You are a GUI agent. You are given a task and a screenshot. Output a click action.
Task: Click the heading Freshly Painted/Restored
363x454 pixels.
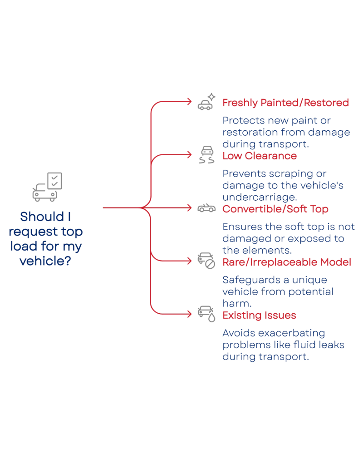point(286,103)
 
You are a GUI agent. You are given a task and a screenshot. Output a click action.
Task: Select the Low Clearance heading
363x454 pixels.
point(260,156)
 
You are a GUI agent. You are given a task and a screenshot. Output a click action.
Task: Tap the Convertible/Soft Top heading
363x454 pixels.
point(275,209)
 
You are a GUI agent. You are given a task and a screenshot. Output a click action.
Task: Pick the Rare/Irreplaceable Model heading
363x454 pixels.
point(287,262)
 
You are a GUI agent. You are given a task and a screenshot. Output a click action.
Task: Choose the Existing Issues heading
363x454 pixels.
point(260,316)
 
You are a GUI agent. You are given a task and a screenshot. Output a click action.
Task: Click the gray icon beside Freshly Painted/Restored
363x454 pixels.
point(206,102)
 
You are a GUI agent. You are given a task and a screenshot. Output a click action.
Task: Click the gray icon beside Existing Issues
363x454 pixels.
point(206,314)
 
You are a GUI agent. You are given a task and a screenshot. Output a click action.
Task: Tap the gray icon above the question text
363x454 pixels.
point(47,186)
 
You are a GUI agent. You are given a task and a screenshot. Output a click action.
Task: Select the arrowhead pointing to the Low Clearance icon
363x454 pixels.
point(190,155)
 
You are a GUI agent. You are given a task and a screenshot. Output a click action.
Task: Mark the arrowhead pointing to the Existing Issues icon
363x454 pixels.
point(190,314)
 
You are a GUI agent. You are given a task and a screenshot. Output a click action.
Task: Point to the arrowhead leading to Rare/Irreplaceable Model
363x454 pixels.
point(190,261)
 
